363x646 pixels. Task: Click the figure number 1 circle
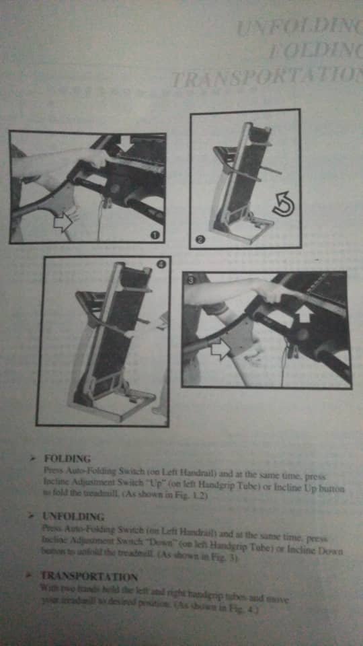(x=155, y=234)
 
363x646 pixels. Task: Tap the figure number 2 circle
(x=200, y=240)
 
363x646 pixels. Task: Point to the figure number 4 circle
(x=161, y=264)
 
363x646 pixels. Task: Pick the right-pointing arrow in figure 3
(x=219, y=349)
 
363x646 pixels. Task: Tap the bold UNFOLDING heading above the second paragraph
(x=73, y=517)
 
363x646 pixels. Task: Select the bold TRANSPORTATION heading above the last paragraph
(x=89, y=577)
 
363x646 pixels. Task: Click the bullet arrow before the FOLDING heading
(x=32, y=458)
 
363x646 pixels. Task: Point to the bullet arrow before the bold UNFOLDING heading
(x=31, y=517)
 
